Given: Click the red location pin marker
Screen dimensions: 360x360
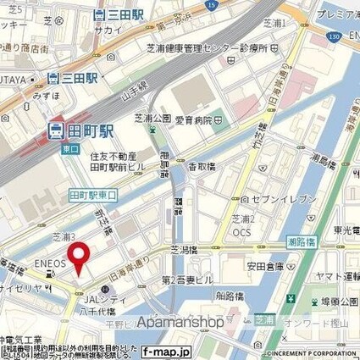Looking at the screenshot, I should click(x=80, y=257).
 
